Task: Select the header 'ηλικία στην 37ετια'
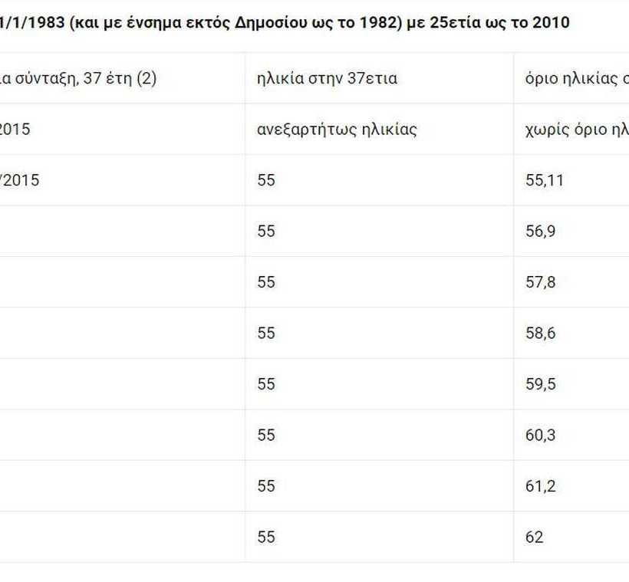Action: [x=327, y=78]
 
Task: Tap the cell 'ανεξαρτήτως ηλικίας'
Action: [x=337, y=129]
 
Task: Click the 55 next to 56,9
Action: [x=266, y=231]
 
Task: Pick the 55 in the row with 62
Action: [x=266, y=537]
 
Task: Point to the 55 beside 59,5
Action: [x=266, y=383]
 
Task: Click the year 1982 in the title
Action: [x=377, y=21]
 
